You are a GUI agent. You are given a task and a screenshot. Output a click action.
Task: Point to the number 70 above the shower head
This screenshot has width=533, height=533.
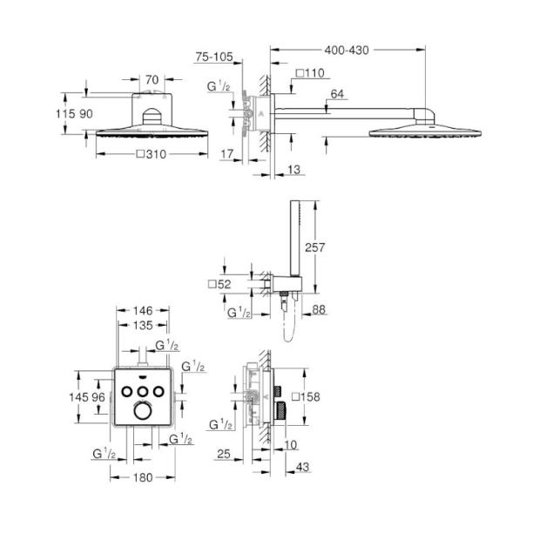pos(152,80)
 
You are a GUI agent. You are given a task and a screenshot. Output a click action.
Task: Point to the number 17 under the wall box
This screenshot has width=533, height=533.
pos(228,153)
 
